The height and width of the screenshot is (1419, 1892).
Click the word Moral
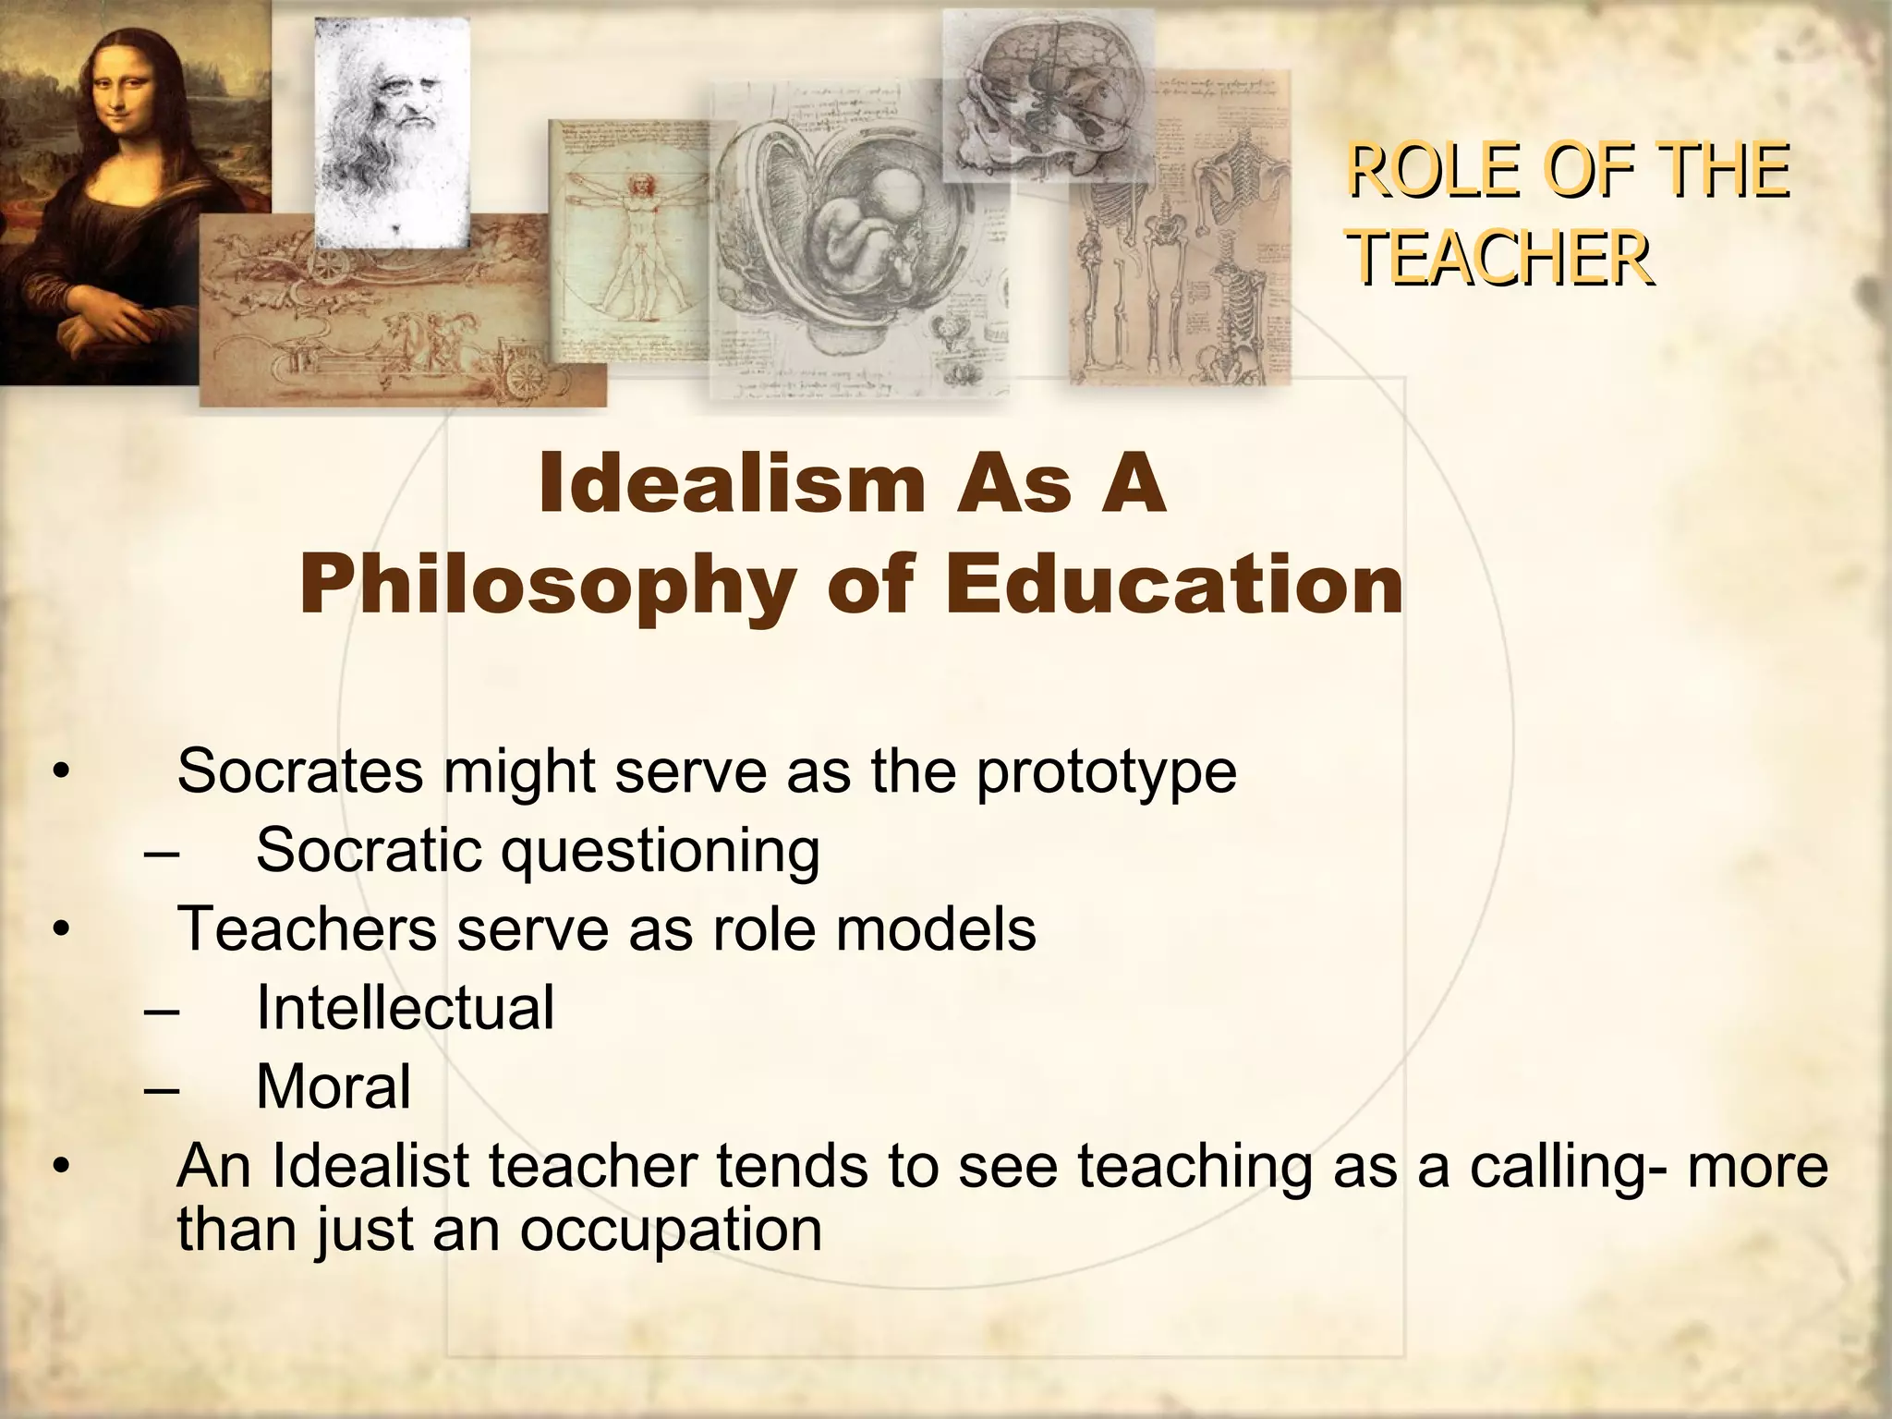point(333,1086)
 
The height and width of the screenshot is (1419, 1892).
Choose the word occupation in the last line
point(670,1230)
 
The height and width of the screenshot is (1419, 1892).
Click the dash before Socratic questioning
point(163,852)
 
